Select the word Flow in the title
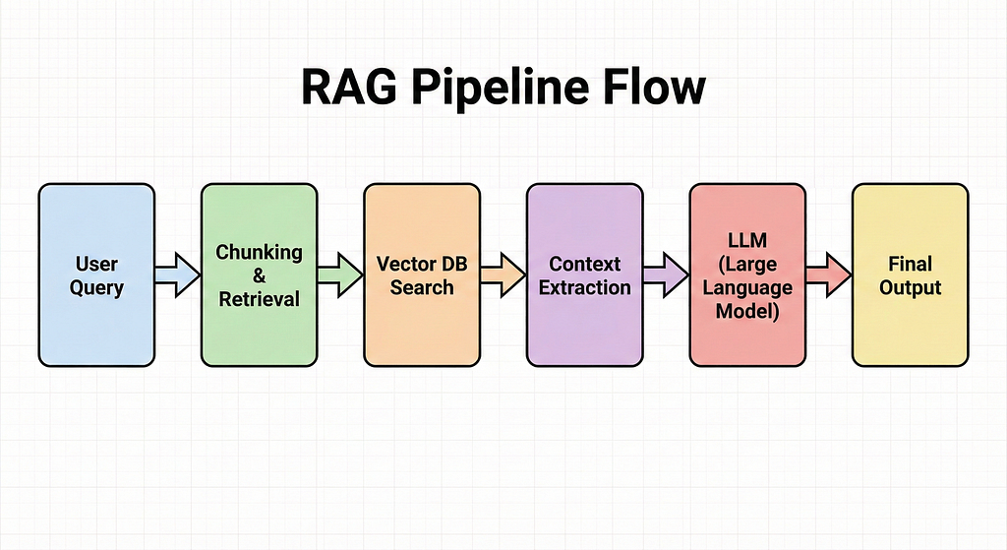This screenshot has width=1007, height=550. pyautogui.click(x=654, y=87)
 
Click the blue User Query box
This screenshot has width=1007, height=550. pyautogui.click(x=96, y=275)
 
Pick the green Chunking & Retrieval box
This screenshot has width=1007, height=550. pyautogui.click(x=259, y=275)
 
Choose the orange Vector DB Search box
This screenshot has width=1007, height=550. pyautogui.click(x=422, y=275)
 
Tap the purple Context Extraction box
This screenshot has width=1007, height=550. pyautogui.click(x=584, y=275)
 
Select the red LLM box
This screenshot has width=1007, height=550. pyautogui.click(x=747, y=275)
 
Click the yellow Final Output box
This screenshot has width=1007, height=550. pyautogui.click(x=910, y=275)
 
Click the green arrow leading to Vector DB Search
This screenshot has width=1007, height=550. pyautogui.click(x=340, y=275)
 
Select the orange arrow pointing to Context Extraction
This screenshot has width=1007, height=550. pyautogui.click(x=503, y=275)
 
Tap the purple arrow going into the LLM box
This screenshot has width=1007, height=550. pyautogui.click(x=666, y=275)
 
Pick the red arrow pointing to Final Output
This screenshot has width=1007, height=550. pyautogui.click(x=829, y=275)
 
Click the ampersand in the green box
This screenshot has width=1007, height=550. pyautogui.click(x=259, y=275)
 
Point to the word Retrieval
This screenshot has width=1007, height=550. pyautogui.click(x=259, y=299)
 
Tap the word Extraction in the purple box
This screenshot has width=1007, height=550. pyautogui.click(x=584, y=287)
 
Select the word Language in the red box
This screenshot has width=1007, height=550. pyautogui.click(x=747, y=288)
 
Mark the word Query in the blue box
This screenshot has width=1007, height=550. pyautogui.click(x=96, y=288)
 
